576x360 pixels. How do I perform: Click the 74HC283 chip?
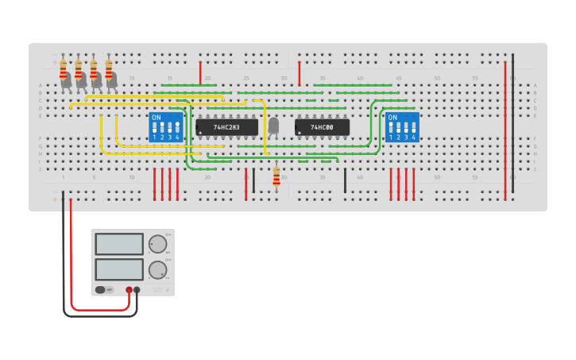(x=227, y=127)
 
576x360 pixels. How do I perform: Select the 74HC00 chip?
(x=322, y=127)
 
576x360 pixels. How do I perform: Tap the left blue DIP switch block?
(x=166, y=127)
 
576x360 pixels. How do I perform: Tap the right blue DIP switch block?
(x=402, y=127)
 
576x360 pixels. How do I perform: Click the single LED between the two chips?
(x=274, y=125)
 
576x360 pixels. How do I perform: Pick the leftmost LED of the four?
(x=66, y=79)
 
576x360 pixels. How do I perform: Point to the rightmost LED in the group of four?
(x=111, y=79)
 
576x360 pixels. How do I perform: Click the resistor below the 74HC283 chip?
(x=276, y=177)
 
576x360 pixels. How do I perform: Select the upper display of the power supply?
(x=119, y=244)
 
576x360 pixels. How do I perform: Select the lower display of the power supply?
(x=119, y=269)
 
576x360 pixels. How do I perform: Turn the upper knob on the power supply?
(x=158, y=244)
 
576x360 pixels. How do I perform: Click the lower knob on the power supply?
(x=158, y=269)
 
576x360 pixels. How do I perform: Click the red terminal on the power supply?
(x=129, y=290)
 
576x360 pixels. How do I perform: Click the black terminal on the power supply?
(x=137, y=290)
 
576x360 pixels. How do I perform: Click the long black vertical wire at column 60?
(x=512, y=119)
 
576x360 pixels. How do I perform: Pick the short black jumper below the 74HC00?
(x=345, y=180)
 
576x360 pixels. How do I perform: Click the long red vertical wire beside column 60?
(x=504, y=127)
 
